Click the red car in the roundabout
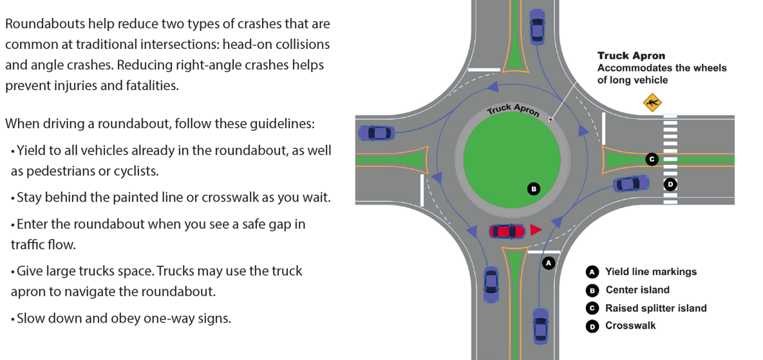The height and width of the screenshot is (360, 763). point(507,231)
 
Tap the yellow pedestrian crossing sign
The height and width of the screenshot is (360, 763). point(653,103)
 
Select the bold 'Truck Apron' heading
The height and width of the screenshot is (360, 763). point(631,55)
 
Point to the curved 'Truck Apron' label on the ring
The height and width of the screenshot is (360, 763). point(513,109)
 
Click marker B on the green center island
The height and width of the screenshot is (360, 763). point(533,189)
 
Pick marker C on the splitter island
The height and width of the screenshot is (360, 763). point(651,159)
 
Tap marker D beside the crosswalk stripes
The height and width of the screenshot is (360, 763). point(671,184)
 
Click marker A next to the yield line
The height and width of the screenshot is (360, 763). point(548,263)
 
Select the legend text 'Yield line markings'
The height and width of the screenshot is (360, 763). point(651,272)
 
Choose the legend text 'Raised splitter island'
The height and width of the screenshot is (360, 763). point(656,308)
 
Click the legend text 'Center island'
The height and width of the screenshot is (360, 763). point(637,290)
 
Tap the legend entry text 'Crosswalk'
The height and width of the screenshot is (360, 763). point(631,325)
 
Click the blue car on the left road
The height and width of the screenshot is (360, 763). point(376,132)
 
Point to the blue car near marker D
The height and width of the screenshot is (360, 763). point(631,184)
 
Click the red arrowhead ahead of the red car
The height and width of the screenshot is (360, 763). point(536,230)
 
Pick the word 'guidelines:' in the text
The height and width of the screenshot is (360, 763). point(285,123)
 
